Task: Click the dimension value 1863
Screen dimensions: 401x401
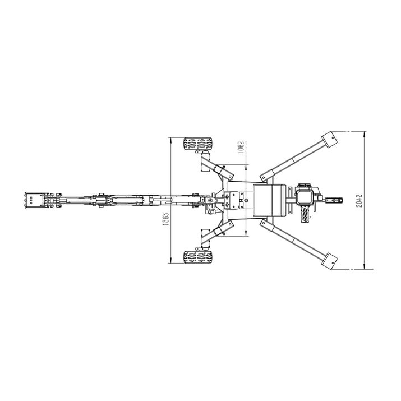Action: (x=165, y=219)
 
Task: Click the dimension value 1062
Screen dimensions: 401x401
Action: (x=241, y=148)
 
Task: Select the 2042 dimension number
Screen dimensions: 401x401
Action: (x=359, y=201)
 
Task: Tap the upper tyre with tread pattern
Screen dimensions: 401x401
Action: (x=197, y=144)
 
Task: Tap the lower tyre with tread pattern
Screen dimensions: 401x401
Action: (x=197, y=257)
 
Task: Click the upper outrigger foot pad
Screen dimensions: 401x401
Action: (x=330, y=140)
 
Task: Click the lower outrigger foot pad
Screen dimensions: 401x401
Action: (x=330, y=261)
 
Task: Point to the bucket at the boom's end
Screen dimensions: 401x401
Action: (x=34, y=200)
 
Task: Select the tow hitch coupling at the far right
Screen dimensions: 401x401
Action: (x=334, y=200)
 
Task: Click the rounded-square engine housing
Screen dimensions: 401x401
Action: (x=303, y=197)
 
